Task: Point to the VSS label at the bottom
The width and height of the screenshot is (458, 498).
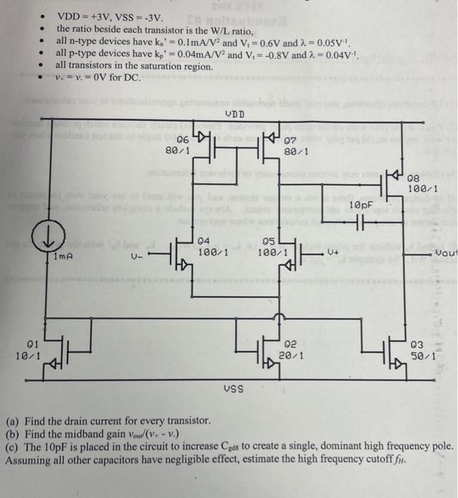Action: (x=233, y=388)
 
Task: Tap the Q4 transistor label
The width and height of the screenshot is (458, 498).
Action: (x=204, y=240)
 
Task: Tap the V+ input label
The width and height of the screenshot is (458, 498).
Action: (x=333, y=252)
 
